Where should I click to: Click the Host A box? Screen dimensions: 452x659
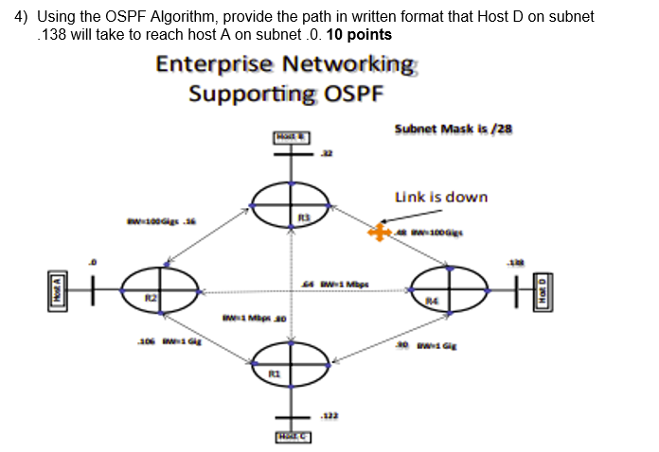coord(59,289)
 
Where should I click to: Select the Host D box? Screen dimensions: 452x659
coord(543,289)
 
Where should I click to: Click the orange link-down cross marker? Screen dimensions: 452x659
coord(381,232)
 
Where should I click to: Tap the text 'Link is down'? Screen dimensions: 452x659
coord(440,197)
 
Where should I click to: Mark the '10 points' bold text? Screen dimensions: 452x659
coord(359,34)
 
